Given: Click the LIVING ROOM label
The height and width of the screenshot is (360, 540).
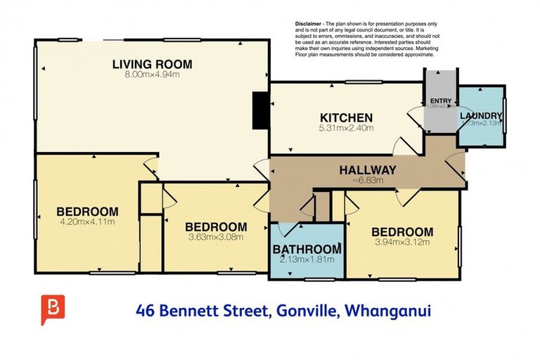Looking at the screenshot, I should (152, 65).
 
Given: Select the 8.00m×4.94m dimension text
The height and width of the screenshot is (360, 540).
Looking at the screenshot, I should (152, 75).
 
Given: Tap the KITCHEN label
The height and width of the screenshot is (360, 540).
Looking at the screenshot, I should (346, 117).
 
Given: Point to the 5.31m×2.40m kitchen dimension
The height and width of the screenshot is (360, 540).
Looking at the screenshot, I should (346, 128).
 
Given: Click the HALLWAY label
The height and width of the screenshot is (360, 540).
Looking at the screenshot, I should (368, 169).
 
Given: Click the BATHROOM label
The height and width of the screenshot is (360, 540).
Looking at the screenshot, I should (307, 249).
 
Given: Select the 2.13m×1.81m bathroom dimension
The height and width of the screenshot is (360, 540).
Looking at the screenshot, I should (307, 259).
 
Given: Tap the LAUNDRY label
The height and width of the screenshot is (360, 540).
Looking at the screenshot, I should (481, 116).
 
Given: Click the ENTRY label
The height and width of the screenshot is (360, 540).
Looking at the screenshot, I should (440, 101).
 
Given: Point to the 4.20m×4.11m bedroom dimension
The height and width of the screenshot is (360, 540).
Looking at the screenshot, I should (87, 221).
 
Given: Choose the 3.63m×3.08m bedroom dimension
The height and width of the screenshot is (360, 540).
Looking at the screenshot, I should (216, 237).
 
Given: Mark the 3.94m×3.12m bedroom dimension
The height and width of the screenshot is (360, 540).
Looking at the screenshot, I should (402, 243).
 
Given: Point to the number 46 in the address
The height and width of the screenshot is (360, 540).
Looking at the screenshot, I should (146, 309).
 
